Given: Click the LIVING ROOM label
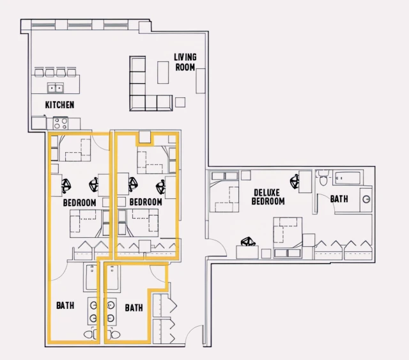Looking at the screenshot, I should [185, 62].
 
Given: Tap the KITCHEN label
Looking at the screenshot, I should [59, 105].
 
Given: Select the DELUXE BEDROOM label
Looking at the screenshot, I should [268, 197].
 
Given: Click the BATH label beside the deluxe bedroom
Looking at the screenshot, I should [339, 200].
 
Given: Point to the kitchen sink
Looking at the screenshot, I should [56, 88].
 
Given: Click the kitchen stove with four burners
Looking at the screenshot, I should [61, 121].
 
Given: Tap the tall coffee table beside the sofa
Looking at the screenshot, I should [163, 72].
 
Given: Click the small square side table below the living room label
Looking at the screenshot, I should [181, 101].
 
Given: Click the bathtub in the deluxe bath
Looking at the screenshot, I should [348, 177].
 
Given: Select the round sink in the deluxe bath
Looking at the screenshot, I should [366, 199].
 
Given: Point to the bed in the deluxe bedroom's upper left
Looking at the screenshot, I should [225, 196].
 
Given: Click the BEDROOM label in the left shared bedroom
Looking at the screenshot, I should [80, 203].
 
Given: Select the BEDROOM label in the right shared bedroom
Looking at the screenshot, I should [146, 202].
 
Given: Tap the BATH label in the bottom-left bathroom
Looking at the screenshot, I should [65, 306].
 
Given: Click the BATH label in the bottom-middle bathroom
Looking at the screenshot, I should [134, 308].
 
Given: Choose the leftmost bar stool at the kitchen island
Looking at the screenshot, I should [39, 72].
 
